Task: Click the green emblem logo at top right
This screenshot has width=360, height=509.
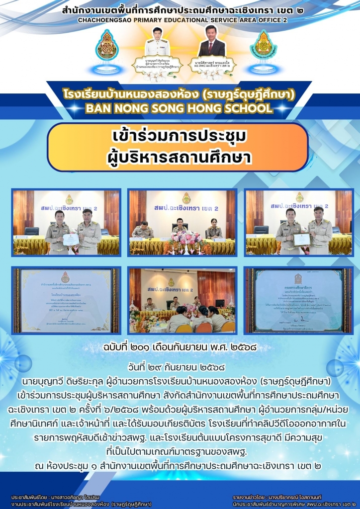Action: click(263, 45)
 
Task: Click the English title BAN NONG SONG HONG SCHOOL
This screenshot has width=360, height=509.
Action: click(180, 109)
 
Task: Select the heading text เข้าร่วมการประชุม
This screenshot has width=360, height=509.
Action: click(180, 136)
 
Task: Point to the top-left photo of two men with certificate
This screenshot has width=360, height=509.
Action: click(66, 222)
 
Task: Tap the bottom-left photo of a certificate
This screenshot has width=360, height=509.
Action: click(66, 300)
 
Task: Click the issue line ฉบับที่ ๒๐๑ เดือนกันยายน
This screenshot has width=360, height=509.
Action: click(180, 347)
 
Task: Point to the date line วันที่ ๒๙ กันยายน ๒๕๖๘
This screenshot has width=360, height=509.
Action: click(180, 368)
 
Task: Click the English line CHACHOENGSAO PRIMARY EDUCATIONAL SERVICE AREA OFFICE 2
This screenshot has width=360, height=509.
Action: click(180, 20)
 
